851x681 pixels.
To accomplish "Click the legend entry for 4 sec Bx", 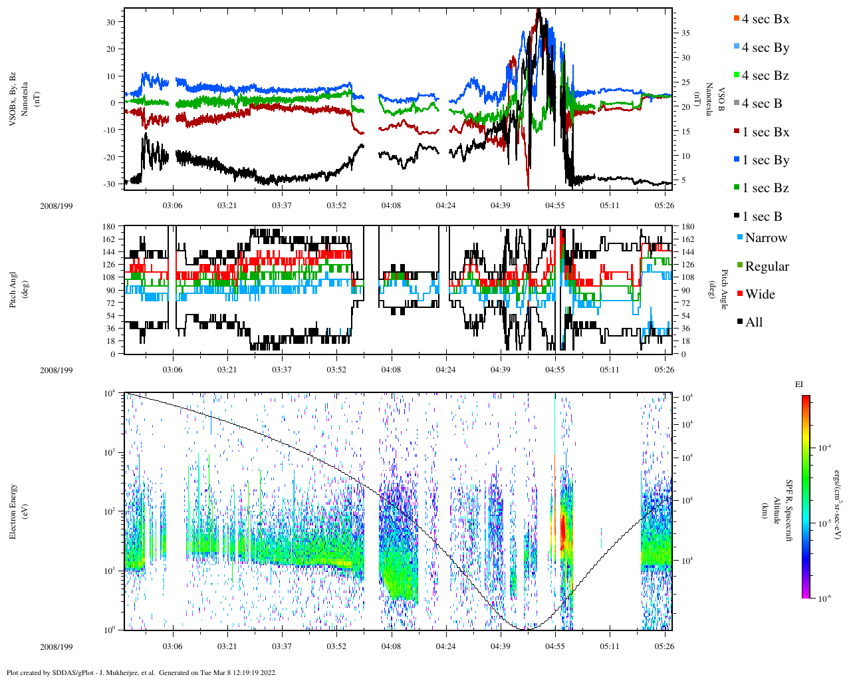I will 765,19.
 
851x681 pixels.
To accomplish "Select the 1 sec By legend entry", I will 765,160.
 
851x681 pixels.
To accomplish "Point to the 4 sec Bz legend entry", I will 765,76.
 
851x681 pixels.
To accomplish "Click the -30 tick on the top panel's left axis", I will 110,184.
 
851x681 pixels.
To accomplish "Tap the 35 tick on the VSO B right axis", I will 685,33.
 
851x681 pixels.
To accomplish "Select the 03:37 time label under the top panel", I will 282,205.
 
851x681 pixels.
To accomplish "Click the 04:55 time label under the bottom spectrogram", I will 555,646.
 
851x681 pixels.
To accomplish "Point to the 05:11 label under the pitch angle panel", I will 610,370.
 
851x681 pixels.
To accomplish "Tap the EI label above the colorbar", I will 799,384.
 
